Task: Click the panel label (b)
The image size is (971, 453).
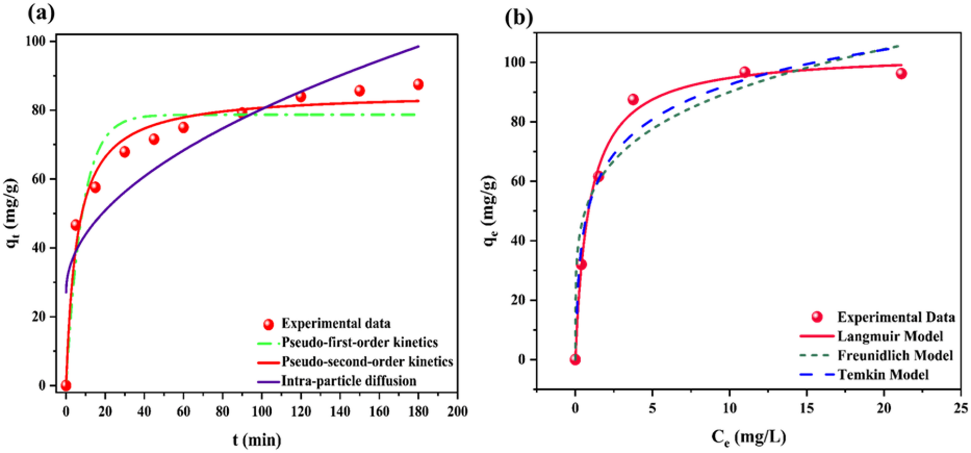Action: click(x=518, y=18)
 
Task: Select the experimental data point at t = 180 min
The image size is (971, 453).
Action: click(x=418, y=85)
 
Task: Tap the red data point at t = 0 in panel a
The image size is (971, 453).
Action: click(x=66, y=385)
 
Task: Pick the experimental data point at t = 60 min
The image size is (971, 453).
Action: click(x=183, y=128)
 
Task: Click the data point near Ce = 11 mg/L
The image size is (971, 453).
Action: click(x=745, y=72)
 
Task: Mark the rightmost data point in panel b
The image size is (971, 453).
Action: click(x=901, y=73)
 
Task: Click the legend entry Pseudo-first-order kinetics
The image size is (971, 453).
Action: click(x=359, y=343)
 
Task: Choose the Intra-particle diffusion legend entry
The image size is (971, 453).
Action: click(x=348, y=381)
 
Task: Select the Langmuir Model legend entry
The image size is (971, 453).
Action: click(x=890, y=336)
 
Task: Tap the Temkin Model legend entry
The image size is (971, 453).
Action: click(x=883, y=375)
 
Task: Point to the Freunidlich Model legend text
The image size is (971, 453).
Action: click(x=895, y=356)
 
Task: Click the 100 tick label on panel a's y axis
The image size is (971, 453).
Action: click(x=36, y=42)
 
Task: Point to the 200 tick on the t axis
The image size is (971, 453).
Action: click(x=457, y=411)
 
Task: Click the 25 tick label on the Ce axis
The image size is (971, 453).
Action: click(x=960, y=409)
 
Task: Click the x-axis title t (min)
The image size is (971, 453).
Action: click(x=257, y=440)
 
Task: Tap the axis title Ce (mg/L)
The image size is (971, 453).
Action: click(x=748, y=438)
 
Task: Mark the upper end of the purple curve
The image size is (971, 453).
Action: click(x=418, y=46)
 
